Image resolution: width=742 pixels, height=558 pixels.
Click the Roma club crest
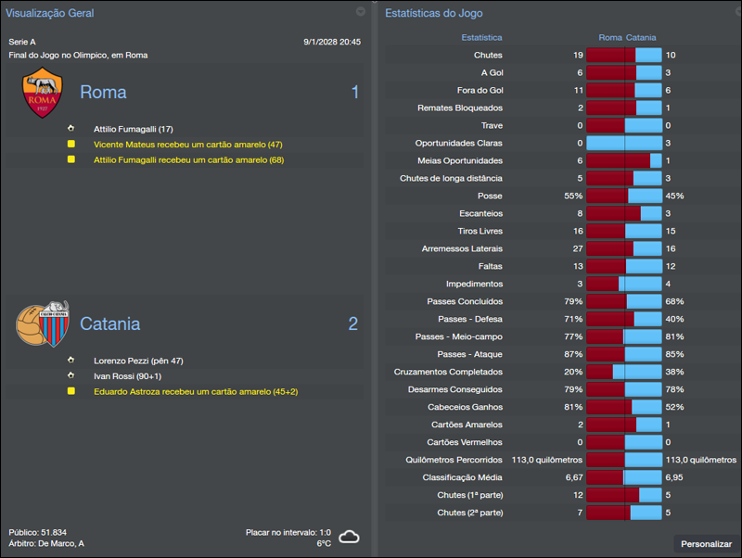coord(43,93)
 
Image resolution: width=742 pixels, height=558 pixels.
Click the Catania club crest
coord(43,323)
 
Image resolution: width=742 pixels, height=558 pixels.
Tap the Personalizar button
coord(706,544)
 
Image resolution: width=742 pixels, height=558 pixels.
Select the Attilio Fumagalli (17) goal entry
coord(133,129)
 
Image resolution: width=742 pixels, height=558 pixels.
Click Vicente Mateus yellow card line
coord(187,145)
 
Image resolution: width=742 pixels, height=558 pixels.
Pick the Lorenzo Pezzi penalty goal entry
coord(138,361)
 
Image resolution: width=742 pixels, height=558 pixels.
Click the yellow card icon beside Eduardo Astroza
coord(70,391)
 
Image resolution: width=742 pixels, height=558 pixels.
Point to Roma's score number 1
coord(354,93)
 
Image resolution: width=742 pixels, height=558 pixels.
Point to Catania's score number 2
coord(352,323)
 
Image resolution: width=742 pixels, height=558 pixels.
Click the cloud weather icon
coord(349,537)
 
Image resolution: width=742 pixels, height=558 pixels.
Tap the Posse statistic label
coord(489,196)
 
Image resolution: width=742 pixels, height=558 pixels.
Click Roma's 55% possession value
coord(572,196)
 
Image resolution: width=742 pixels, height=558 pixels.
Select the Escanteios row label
coord(480,213)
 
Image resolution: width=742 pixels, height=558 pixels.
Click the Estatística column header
coord(481,38)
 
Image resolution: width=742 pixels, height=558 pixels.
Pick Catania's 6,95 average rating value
coord(675,477)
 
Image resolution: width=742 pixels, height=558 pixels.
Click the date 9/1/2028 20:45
coord(331,42)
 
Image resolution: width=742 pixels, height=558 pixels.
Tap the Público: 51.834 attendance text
coord(38,532)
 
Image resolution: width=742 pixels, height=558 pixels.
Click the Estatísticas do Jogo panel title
coord(433,13)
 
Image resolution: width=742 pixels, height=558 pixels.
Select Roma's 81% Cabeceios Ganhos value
coord(572,407)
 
